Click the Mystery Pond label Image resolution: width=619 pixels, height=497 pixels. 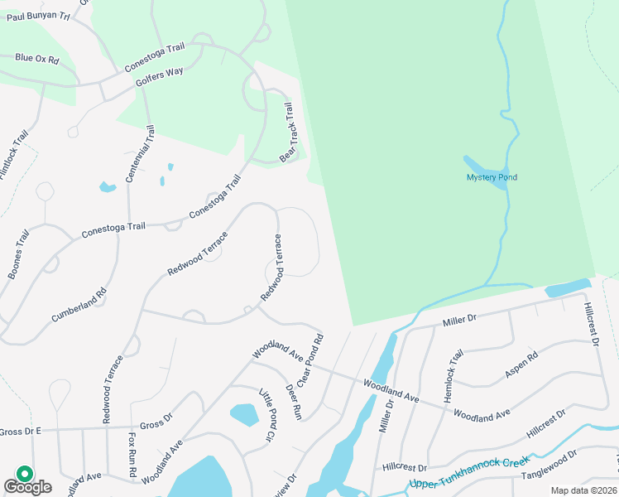point(492,177)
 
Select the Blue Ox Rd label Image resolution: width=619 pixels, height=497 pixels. point(37,59)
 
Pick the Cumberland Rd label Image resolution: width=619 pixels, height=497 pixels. point(79,305)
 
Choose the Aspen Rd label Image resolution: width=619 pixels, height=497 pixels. point(521,366)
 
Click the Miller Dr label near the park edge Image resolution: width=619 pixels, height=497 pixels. point(460,319)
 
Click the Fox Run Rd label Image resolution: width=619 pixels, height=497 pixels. point(132,455)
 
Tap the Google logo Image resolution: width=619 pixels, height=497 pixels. point(27,485)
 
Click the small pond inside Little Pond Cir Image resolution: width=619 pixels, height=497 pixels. point(243,414)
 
